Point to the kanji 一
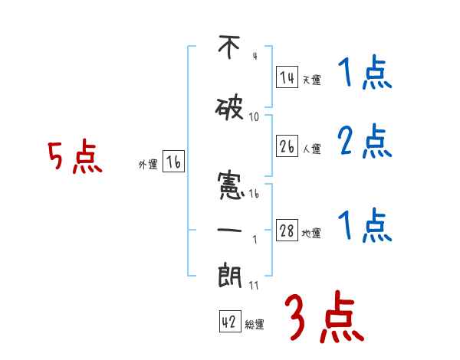229,227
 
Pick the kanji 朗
229,273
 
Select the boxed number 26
287,146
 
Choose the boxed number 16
173,162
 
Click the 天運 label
311,80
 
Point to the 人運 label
311,149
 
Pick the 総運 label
255,325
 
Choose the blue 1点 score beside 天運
364,74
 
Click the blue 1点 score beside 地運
364,226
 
